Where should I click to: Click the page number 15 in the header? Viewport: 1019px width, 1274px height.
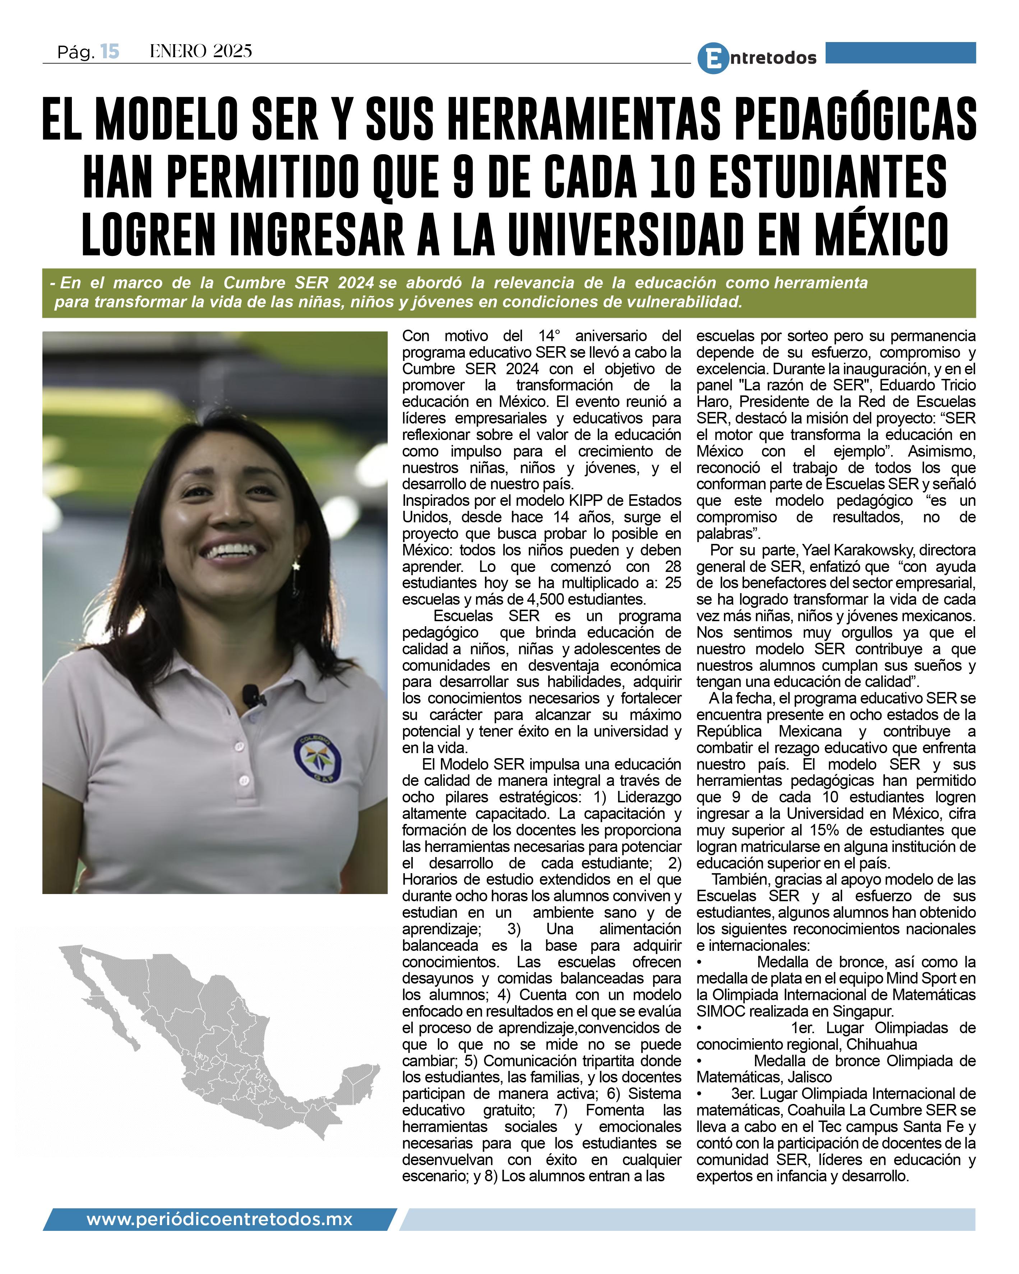pos(110,52)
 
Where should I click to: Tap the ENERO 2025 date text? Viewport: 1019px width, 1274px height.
pos(201,52)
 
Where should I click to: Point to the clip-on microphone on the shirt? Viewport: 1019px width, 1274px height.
pos(251,696)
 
